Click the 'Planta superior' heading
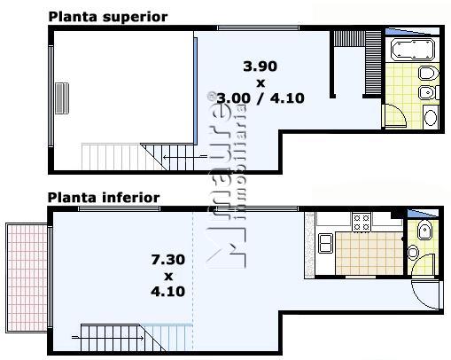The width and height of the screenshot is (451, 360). click(x=108, y=17)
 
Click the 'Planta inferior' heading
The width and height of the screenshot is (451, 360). click(x=104, y=198)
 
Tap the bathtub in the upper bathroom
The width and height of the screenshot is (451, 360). click(x=413, y=49)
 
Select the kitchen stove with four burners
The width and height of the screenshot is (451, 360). click(x=362, y=223)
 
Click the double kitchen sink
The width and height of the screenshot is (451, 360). click(x=325, y=243)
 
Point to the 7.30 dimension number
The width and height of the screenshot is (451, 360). click(x=167, y=260)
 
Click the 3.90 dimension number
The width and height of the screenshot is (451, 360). click(x=260, y=67)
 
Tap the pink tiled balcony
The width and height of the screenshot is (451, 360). click(x=27, y=278)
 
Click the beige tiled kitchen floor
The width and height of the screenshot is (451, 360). click(x=369, y=254)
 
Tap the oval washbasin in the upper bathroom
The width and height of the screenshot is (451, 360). click(x=431, y=117)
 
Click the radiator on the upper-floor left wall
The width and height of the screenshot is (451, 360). click(x=62, y=98)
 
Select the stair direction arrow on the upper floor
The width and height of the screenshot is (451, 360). click(x=185, y=156)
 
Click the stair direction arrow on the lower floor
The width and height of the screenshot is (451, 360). click(x=108, y=337)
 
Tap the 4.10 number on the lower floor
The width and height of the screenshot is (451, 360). click(x=167, y=292)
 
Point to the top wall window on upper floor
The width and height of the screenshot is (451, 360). click(x=259, y=28)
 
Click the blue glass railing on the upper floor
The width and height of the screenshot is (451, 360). click(x=196, y=90)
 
